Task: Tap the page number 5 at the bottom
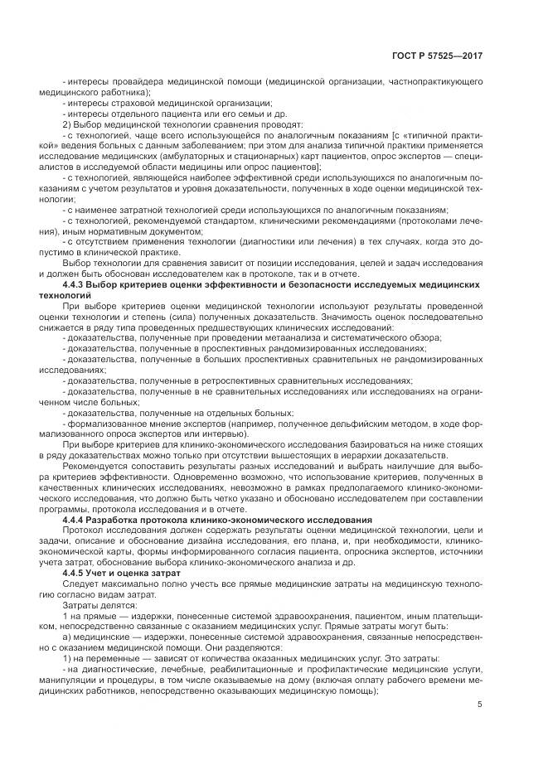[480, 705]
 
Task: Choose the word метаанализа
[284, 338]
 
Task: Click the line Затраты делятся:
[91, 605]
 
